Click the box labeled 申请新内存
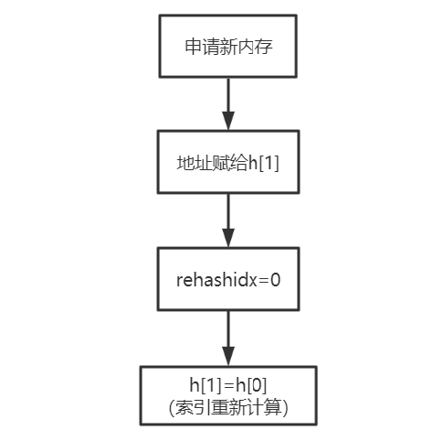(228, 45)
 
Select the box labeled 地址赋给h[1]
(228, 162)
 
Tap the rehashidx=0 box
(228, 279)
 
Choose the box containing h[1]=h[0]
(228, 396)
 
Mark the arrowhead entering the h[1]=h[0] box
(228, 357)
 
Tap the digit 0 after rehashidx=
(274, 279)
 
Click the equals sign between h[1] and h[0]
(227, 386)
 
